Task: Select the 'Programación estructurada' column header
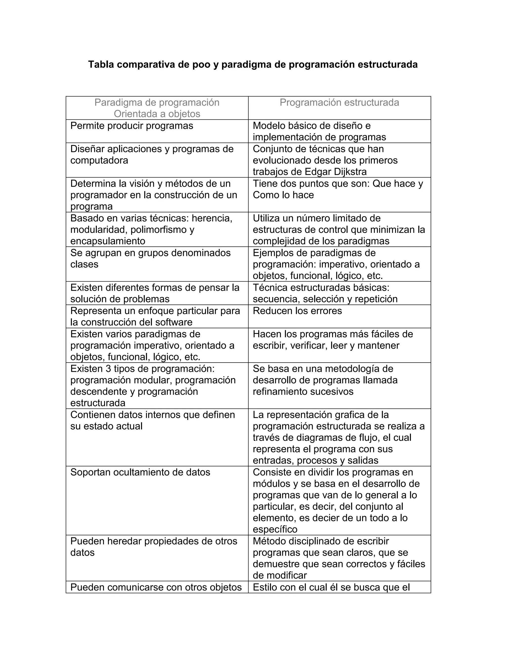(x=339, y=103)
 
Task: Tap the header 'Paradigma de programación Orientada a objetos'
(x=157, y=108)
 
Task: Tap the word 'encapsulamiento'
(x=108, y=241)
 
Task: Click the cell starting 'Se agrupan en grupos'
(x=150, y=258)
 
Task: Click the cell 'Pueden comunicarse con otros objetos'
(x=156, y=587)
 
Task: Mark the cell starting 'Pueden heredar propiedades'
(x=153, y=547)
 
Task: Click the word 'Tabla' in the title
(x=101, y=65)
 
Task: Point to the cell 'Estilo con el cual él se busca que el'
(x=331, y=587)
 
